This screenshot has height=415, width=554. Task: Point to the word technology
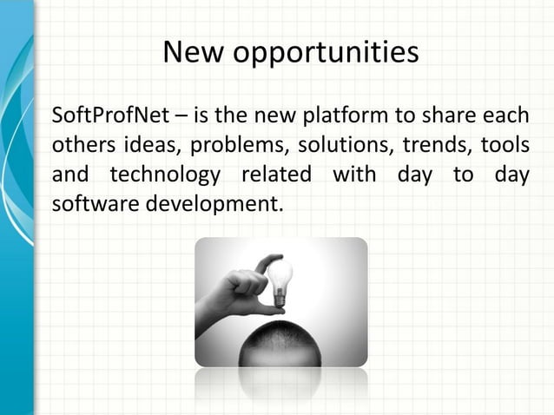click(165, 175)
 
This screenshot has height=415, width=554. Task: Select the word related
click(275, 175)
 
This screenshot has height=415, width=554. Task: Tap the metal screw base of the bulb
click(279, 300)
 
